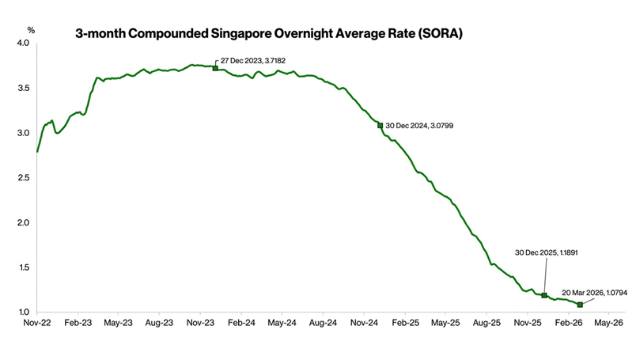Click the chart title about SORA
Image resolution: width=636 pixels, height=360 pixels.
click(x=268, y=35)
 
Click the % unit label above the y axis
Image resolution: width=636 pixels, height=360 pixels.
click(x=31, y=29)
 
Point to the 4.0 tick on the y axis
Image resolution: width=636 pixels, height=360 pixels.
click(x=23, y=43)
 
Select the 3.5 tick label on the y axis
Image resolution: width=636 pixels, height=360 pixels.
click(x=23, y=88)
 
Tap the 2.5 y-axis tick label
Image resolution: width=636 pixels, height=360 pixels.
click(x=23, y=178)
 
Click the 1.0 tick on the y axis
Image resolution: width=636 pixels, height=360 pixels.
click(x=23, y=313)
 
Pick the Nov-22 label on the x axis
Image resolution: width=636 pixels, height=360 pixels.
click(x=37, y=323)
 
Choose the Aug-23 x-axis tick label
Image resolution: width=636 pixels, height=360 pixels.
click(x=160, y=323)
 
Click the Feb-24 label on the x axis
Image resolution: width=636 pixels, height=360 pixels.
click(x=241, y=323)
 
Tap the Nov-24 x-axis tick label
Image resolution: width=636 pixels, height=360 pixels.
click(x=364, y=323)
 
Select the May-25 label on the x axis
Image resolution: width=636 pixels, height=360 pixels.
click(x=445, y=323)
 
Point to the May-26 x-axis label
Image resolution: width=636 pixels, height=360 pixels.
click(x=609, y=323)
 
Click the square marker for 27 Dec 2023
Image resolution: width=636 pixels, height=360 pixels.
click(x=215, y=68)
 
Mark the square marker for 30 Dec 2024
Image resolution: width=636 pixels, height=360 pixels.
click(x=380, y=125)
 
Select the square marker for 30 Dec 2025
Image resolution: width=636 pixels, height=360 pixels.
click(x=543, y=295)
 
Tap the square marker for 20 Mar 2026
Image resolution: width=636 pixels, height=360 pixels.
click(x=580, y=305)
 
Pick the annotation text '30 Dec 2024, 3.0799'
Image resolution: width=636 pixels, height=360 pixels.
click(x=419, y=126)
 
